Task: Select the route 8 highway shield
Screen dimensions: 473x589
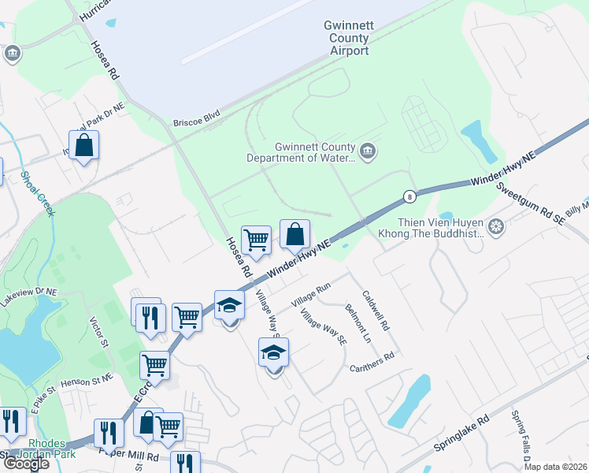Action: click(409, 196)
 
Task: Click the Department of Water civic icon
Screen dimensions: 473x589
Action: click(367, 151)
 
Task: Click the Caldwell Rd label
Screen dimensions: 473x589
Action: click(376, 311)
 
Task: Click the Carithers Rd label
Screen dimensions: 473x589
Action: click(372, 356)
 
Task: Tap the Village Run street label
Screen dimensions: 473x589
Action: click(310, 296)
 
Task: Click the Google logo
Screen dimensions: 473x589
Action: click(26, 464)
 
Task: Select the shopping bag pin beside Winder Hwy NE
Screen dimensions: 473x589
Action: click(294, 234)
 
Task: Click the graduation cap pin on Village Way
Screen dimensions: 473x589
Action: click(273, 352)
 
